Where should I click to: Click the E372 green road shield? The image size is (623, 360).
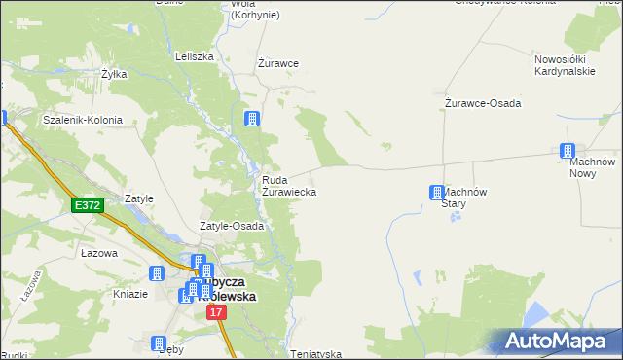(87, 205)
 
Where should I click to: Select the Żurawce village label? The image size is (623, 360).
(277, 63)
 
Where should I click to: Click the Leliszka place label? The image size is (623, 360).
(194, 56)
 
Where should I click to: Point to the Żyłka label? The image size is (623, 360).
(115, 73)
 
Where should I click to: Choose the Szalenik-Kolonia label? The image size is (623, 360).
(83, 120)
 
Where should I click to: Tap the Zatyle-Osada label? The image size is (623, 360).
(232, 226)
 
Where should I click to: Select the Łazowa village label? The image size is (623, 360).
(99, 253)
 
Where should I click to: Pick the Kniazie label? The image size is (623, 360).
(129, 294)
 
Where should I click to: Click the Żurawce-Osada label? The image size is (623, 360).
(482, 103)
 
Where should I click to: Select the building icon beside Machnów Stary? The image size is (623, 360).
(437, 193)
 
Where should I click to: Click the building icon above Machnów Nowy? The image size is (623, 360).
(568, 151)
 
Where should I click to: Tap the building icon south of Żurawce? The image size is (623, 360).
(252, 119)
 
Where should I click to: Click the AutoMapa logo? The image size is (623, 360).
(559, 342)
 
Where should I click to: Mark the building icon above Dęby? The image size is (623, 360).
(159, 342)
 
